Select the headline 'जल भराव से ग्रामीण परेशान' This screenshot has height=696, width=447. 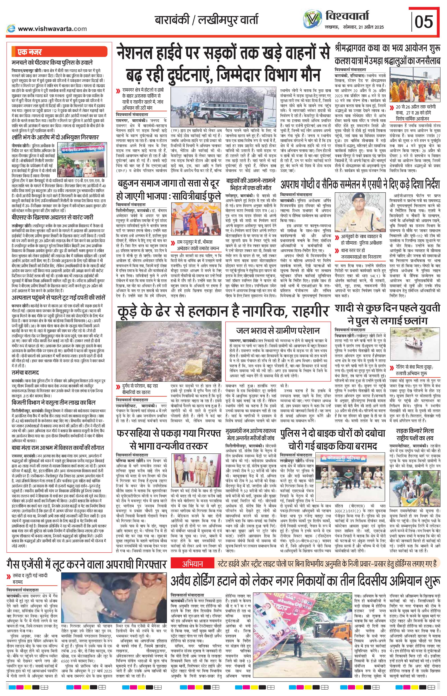(x=278, y=330)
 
